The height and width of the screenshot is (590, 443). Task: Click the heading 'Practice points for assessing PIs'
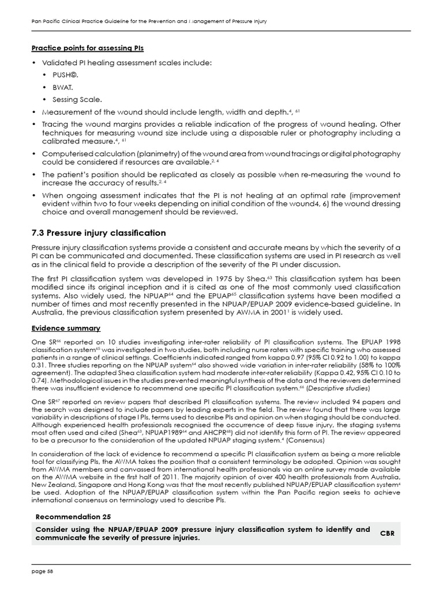click(87, 48)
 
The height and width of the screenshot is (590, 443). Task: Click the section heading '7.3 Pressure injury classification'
click(98, 233)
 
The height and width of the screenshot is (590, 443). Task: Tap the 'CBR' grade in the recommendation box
click(388, 534)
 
